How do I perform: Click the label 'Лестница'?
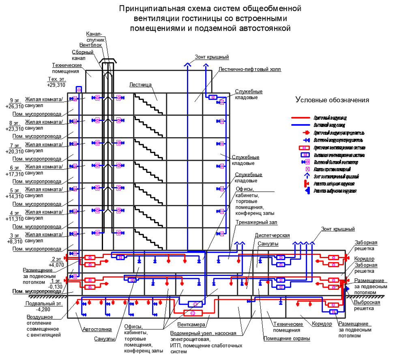(x=140, y=85)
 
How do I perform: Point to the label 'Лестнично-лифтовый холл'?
(x=249, y=69)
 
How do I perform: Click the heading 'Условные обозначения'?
(x=332, y=100)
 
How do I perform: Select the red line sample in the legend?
(x=301, y=118)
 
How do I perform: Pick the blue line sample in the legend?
(x=301, y=125)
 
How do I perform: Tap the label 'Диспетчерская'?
(x=272, y=235)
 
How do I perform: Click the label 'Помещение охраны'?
(x=287, y=338)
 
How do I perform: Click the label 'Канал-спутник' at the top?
(x=96, y=37)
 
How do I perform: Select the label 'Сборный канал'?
(x=84, y=55)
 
